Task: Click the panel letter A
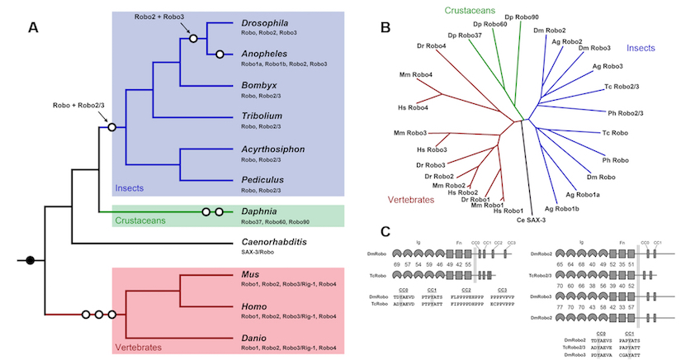click(32, 27)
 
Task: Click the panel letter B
click(385, 27)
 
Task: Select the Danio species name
click(256, 337)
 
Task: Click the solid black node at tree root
click(31, 261)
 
